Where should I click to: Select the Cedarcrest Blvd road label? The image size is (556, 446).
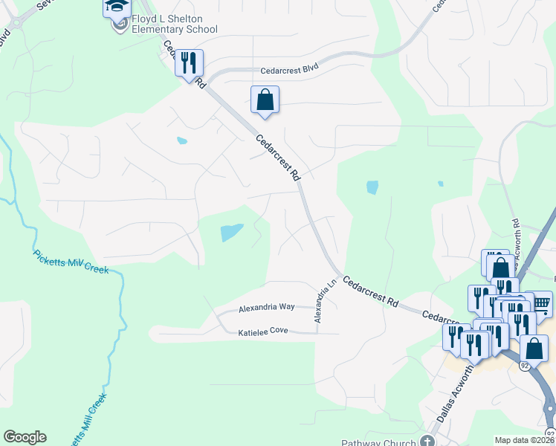click(289, 71)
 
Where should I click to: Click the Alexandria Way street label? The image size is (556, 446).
click(267, 307)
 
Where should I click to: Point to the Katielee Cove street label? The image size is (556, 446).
click(263, 332)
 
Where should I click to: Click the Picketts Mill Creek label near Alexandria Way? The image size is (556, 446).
click(71, 261)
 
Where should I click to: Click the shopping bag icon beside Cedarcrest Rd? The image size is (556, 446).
click(265, 100)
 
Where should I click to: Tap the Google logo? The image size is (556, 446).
click(25, 437)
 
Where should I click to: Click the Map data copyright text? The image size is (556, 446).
click(525, 440)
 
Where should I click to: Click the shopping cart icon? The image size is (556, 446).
click(541, 303)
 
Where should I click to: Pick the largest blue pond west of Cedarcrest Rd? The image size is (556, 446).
click(231, 233)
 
